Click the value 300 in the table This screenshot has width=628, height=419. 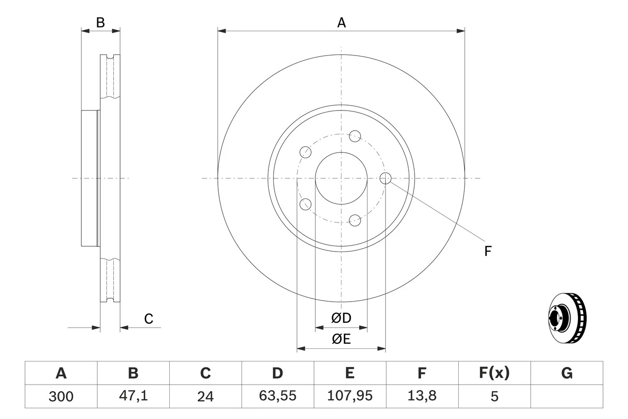pos(61,396)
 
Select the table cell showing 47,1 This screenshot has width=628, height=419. pos(133,396)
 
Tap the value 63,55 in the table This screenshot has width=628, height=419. pos(277,396)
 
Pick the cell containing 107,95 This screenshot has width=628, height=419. pos(349,396)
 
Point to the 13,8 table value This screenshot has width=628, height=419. pos(421,396)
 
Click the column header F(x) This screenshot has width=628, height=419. pos(494,373)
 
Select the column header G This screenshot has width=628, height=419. pos(567,373)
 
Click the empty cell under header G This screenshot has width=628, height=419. pos(567,396)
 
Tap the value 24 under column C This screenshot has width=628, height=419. pos(205,396)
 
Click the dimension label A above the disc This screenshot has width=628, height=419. pos(341,23)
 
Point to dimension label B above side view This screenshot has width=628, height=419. pos(100,23)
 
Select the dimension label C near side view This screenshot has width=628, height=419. pos(149,319)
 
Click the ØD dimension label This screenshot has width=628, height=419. pos(341,318)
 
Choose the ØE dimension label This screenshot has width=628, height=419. pos(341,339)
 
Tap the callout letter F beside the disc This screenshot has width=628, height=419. pos(488,251)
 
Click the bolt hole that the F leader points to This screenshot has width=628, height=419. pos(386,178)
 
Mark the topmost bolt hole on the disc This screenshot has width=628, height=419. pos(355,136)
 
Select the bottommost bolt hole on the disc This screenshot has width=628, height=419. pos(355,220)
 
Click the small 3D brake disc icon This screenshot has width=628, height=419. pos(567,318)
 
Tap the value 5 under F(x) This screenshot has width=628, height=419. pos(494,396)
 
